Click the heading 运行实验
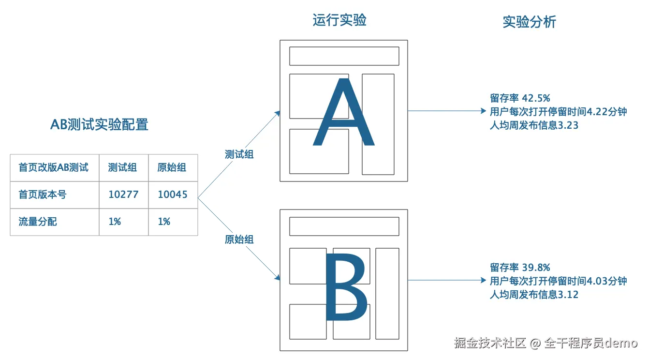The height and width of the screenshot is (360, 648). [x=339, y=20]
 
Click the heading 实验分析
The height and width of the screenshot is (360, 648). [x=529, y=22]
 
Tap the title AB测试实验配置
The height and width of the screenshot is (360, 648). [x=99, y=124]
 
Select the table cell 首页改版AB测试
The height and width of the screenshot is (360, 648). [x=54, y=167]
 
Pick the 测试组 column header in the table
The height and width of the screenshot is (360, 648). [x=122, y=167]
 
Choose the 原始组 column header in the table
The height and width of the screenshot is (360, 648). [x=172, y=167]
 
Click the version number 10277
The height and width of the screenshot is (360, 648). [x=123, y=195]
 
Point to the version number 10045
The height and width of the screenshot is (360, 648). [x=173, y=195]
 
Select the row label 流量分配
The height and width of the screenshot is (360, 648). [x=38, y=222]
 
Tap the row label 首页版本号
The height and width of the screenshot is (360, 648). [x=43, y=195]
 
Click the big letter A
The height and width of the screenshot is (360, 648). [x=343, y=114]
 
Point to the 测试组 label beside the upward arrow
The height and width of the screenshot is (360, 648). [x=239, y=154]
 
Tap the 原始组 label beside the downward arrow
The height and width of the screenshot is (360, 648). [x=239, y=240]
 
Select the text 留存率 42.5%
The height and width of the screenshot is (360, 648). [x=520, y=98]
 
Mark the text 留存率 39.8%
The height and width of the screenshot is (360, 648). [x=520, y=268]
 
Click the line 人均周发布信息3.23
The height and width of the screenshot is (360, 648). [x=534, y=125]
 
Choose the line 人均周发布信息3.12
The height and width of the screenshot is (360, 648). [x=534, y=295]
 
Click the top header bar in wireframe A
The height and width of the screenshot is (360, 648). [x=344, y=56]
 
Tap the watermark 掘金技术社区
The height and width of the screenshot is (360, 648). [x=490, y=343]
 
